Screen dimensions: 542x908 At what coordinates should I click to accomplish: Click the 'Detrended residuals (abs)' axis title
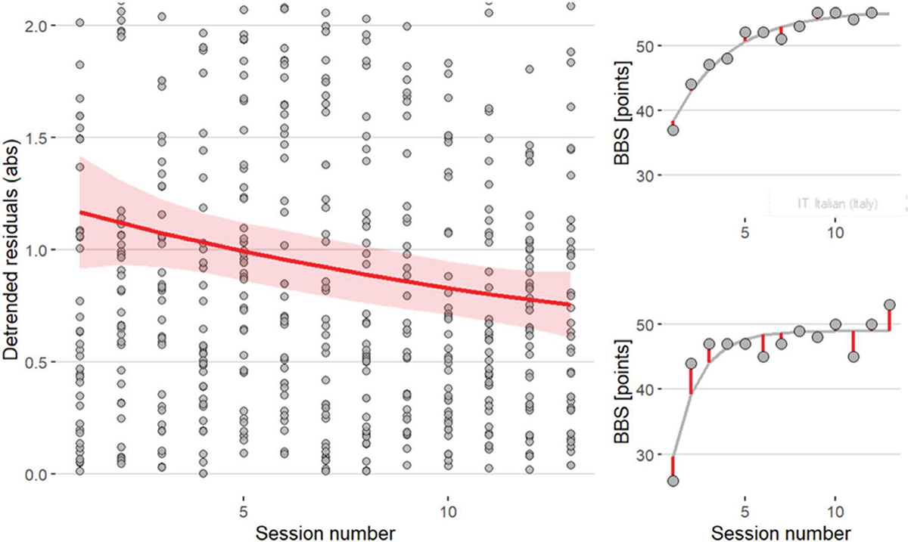point(13,249)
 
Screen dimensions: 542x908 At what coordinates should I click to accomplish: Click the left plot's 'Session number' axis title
point(324,531)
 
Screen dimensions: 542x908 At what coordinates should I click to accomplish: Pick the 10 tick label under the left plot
point(447,502)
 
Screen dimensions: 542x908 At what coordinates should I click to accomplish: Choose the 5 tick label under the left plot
point(244,502)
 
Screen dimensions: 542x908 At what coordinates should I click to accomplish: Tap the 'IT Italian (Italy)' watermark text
point(835,204)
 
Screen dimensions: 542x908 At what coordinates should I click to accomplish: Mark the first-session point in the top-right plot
point(673,130)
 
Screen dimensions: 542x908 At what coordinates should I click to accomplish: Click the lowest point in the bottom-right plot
point(673,481)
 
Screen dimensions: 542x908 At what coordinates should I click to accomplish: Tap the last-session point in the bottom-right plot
point(889,305)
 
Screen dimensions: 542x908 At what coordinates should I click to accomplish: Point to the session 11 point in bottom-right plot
point(854,357)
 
